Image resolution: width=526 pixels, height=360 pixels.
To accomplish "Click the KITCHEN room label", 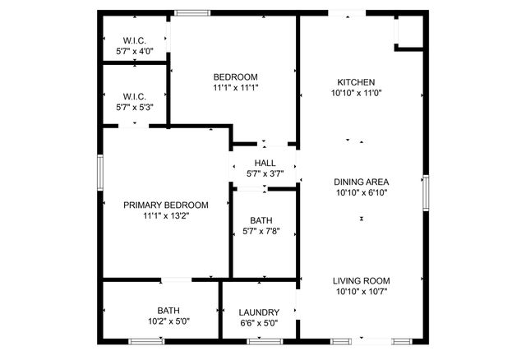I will [x=356, y=82].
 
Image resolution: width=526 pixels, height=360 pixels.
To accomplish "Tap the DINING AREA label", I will [x=361, y=182].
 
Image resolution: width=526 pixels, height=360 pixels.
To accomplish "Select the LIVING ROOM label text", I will [x=361, y=280].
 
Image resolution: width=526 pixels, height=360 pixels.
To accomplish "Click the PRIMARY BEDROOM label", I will [x=165, y=205].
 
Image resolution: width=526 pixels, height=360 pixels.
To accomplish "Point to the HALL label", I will [x=265, y=163].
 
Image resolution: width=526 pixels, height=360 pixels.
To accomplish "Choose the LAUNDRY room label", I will [x=259, y=312].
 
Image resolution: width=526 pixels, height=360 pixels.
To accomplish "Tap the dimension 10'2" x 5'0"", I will [x=168, y=321].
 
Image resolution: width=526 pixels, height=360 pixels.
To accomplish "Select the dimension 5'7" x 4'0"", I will [x=134, y=51].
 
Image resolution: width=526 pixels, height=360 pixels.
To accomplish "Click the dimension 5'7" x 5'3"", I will [x=134, y=106].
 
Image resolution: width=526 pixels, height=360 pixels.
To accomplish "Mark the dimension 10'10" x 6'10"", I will [x=361, y=192].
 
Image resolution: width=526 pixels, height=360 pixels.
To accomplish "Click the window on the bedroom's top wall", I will [x=191, y=12].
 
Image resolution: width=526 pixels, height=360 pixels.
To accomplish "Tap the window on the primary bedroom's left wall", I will [x=100, y=173].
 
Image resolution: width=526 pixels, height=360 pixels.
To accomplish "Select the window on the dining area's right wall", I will [x=426, y=193].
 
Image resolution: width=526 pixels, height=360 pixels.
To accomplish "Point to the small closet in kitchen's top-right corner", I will [x=410, y=31].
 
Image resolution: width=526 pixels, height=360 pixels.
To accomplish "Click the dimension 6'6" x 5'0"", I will [x=259, y=323].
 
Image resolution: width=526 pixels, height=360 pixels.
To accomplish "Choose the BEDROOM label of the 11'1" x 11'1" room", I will [x=236, y=76].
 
